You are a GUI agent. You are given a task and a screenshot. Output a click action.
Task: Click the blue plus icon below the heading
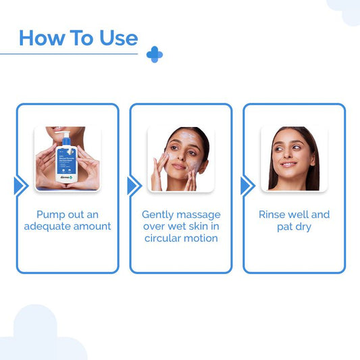[155, 55]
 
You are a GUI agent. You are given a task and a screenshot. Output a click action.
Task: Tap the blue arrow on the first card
[20, 186]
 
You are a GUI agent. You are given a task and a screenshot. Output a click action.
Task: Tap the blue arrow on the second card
[134, 186]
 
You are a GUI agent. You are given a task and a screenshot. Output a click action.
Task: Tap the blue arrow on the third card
[247, 186]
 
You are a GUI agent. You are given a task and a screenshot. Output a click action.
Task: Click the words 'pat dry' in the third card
[294, 226]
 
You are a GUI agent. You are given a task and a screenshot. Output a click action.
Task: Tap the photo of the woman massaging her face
[180, 159]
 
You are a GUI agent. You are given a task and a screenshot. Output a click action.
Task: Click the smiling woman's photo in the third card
[294, 159]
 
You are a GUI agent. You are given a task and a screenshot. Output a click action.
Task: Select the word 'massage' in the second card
[201, 215]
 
